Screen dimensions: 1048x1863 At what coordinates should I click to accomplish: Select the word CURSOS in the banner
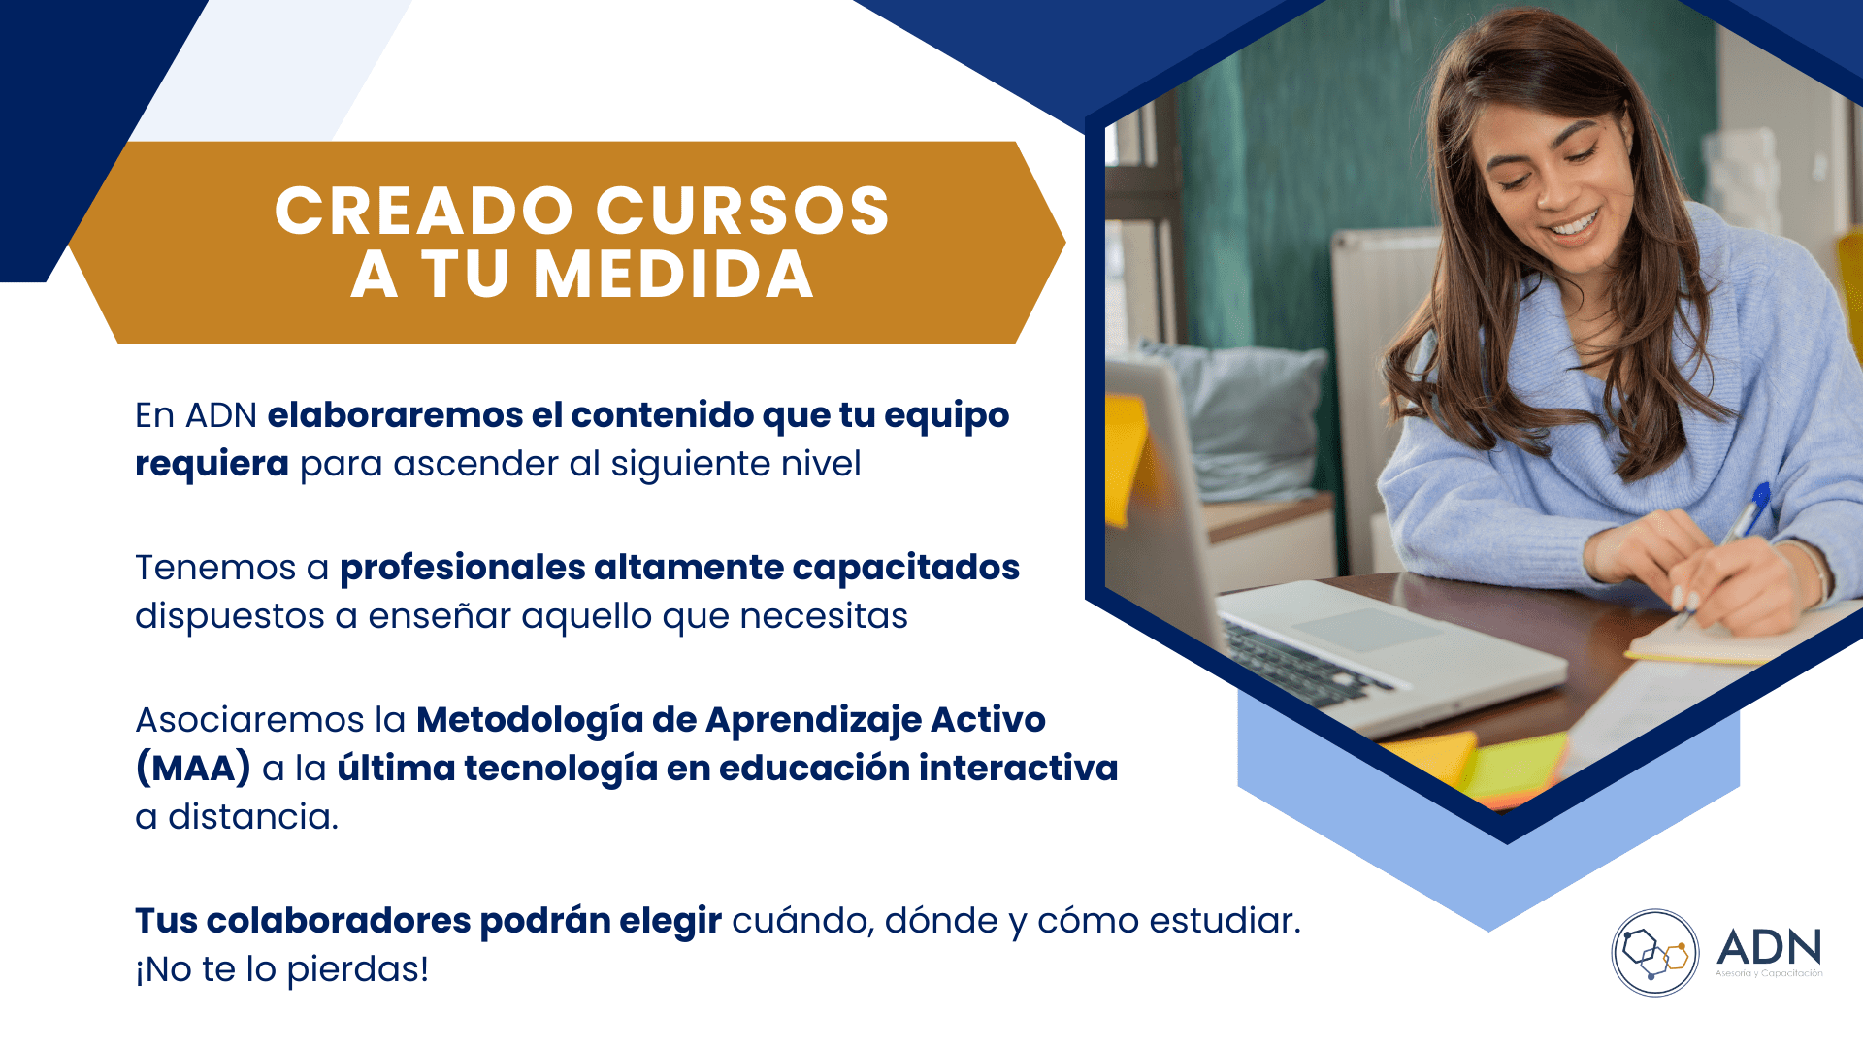(742, 211)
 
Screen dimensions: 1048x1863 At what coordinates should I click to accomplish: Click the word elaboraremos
(395, 415)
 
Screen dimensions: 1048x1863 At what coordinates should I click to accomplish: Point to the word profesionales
(463, 568)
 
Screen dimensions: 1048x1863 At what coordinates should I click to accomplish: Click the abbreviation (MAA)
(193, 769)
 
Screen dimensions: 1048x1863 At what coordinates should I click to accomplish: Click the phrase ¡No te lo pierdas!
(281, 969)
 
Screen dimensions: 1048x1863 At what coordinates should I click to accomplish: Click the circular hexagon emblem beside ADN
(1654, 952)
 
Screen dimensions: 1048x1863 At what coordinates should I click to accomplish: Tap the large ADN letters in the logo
(1769, 947)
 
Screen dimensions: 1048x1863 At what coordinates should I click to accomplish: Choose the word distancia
(252, 817)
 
